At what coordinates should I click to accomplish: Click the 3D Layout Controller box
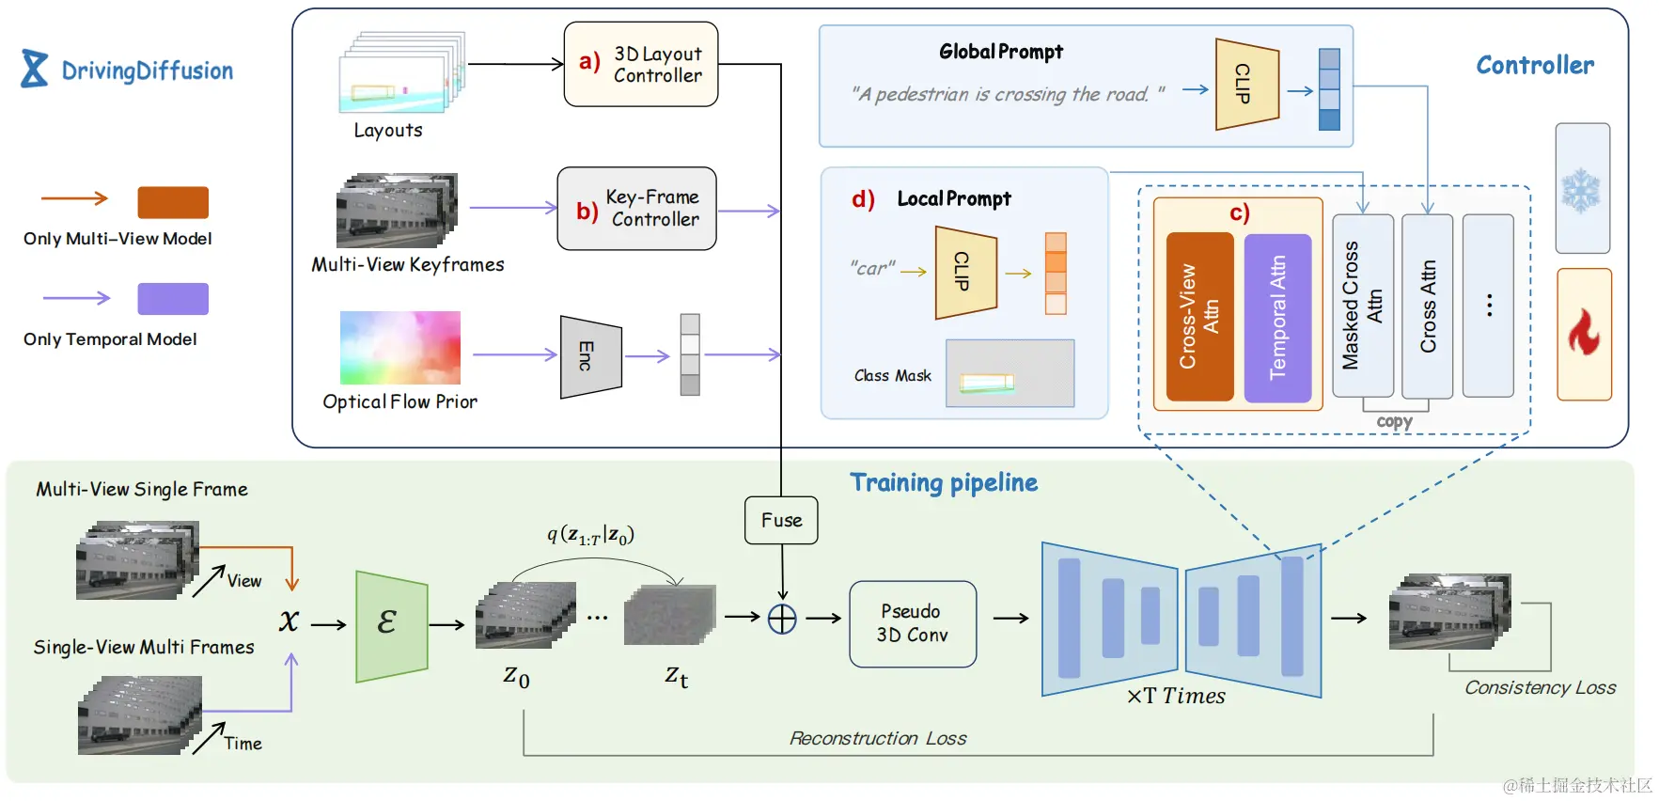pyautogui.click(x=640, y=64)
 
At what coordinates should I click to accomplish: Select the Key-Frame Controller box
pyautogui.click(x=636, y=209)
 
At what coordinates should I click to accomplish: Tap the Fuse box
pyautogui.click(x=781, y=520)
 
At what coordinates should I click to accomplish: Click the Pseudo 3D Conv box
pyautogui.click(x=912, y=623)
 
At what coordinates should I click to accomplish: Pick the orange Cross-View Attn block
pyautogui.click(x=1199, y=317)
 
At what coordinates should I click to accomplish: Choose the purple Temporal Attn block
pyautogui.click(x=1277, y=318)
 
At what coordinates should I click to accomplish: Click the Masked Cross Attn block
pyautogui.click(x=1362, y=306)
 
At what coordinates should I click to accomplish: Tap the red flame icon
pyautogui.click(x=1584, y=333)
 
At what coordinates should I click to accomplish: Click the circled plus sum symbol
pyautogui.click(x=782, y=619)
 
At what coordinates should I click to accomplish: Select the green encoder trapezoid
pyautogui.click(x=391, y=625)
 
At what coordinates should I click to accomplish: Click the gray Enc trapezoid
pyautogui.click(x=590, y=356)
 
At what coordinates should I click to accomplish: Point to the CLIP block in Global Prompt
pyautogui.click(x=1246, y=85)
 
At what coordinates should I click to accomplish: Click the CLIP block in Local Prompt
pyautogui.click(x=965, y=273)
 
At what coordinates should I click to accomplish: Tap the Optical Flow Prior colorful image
pyautogui.click(x=399, y=348)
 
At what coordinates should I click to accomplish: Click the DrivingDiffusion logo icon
pyautogui.click(x=35, y=69)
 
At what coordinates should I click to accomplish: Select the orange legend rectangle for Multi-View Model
pyautogui.click(x=173, y=202)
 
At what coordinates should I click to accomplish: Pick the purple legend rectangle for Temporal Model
pyautogui.click(x=173, y=299)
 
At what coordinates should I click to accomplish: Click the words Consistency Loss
pyautogui.click(x=1540, y=687)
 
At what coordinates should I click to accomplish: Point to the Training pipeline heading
pyautogui.click(x=943, y=483)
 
